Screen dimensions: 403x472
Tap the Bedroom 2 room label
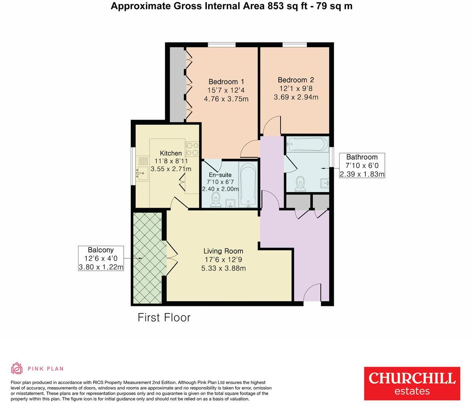tap(296, 80)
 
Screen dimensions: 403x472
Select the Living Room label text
tap(223, 251)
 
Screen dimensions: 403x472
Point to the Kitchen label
tap(171, 153)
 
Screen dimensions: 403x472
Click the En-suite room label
tap(220, 175)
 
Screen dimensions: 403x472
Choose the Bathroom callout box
tap(362, 165)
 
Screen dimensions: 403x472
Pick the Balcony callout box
tap(101, 258)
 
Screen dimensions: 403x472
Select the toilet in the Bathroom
tap(301, 183)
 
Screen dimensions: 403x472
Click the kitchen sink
tap(142, 173)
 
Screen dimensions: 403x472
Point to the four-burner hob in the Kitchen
tap(192, 149)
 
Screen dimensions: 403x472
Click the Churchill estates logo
tap(412, 383)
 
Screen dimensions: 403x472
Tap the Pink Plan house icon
tap(17, 368)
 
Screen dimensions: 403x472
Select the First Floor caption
tap(164, 317)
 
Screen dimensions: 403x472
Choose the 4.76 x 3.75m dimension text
tap(226, 99)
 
